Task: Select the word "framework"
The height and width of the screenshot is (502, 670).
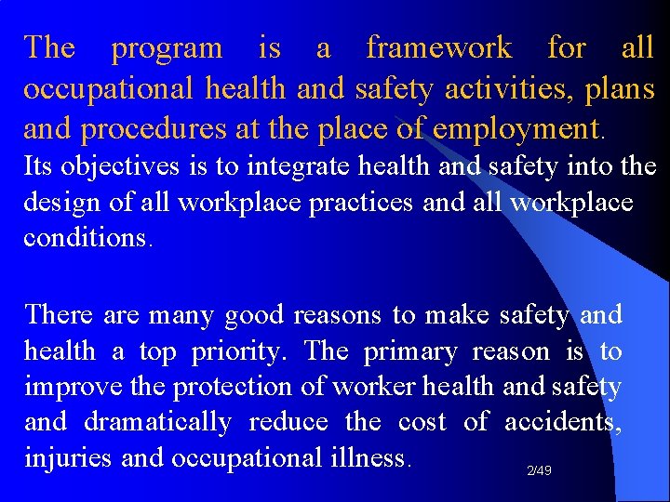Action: pos(439,47)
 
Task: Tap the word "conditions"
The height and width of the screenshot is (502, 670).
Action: pos(85,237)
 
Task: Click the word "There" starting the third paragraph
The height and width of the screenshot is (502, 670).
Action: pos(59,314)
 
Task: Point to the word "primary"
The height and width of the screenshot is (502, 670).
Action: pos(410,351)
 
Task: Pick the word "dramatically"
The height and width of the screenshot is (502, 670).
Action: pos(157,422)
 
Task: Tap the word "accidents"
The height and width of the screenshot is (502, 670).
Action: pos(562,422)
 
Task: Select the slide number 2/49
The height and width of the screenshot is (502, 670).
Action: pos(539,471)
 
